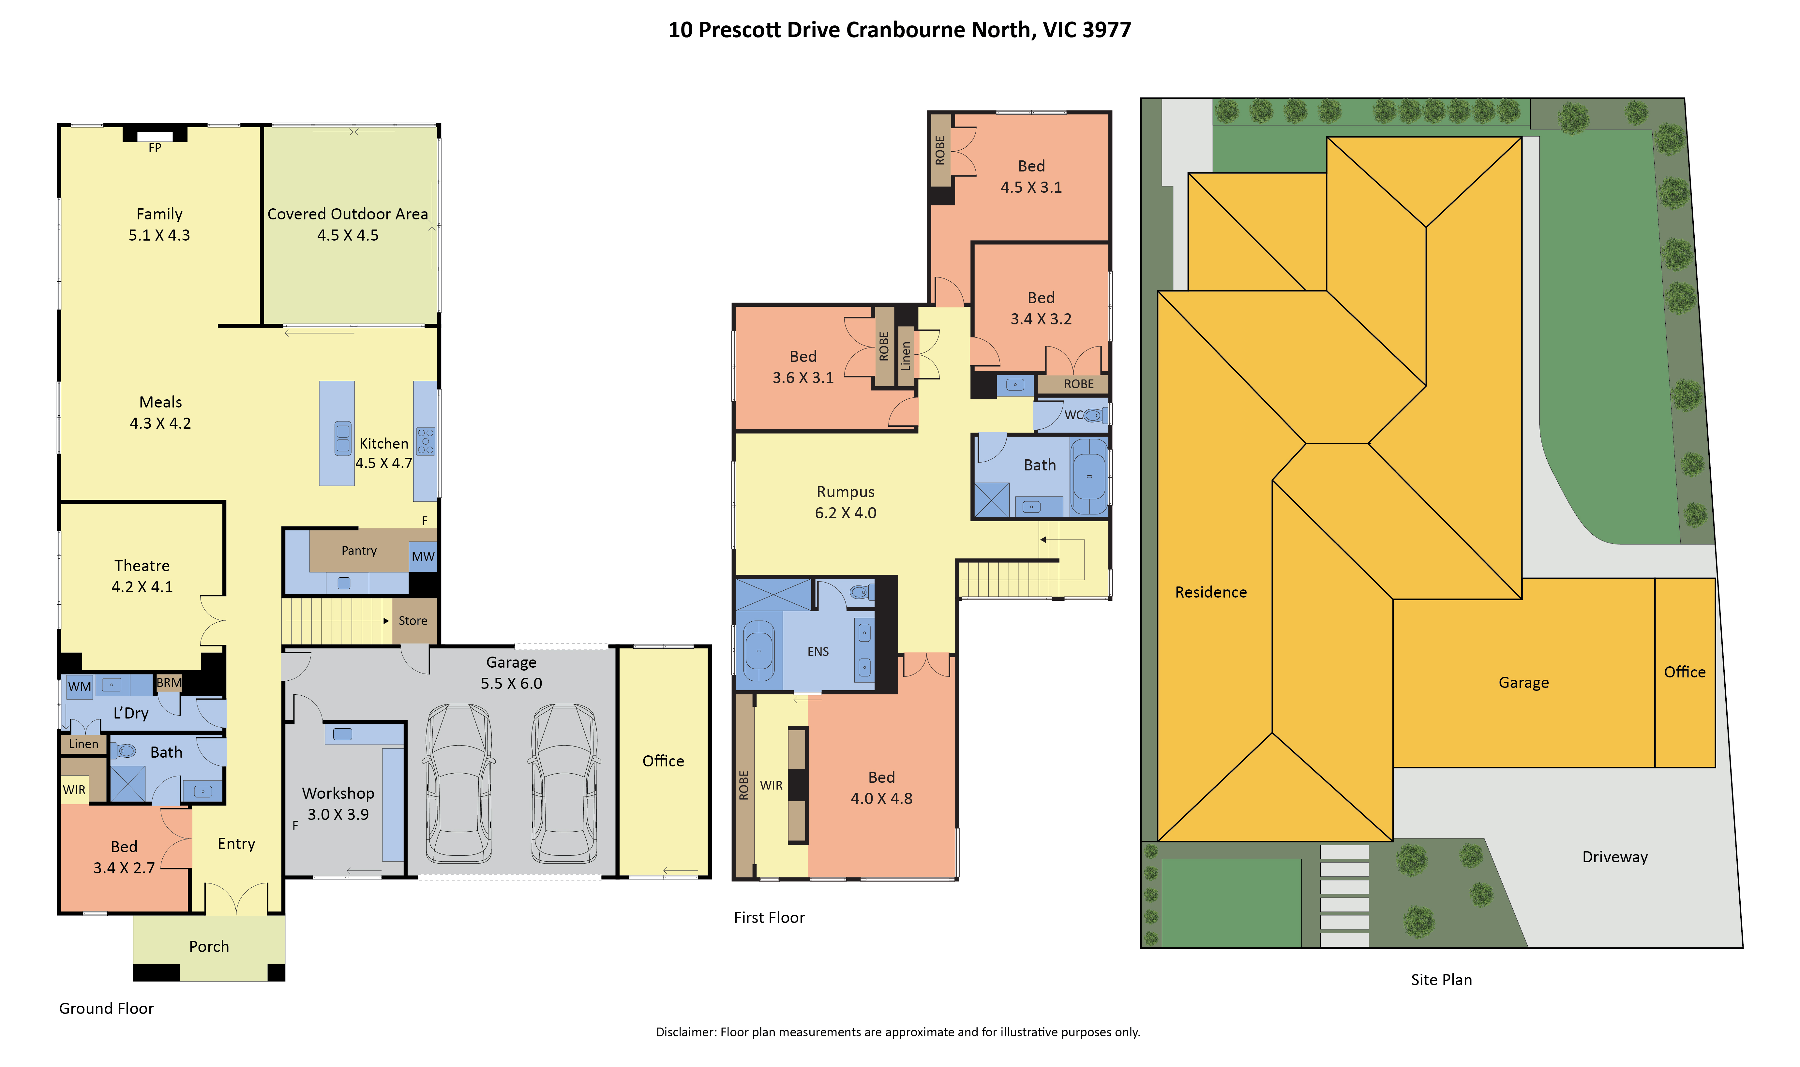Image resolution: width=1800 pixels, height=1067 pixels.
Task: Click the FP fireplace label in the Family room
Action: click(155, 148)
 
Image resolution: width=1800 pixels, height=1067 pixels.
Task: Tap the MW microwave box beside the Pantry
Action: click(423, 556)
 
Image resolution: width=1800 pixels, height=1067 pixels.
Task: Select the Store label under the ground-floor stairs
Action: click(413, 620)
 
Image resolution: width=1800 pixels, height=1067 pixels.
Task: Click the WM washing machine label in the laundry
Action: click(79, 687)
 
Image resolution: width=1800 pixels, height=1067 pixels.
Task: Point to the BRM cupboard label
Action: click(169, 682)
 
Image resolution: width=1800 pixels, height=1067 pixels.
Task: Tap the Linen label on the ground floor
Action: click(83, 744)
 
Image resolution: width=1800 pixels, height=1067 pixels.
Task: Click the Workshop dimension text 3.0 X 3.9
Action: click(338, 815)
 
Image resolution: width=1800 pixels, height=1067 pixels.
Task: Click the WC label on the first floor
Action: click(1073, 415)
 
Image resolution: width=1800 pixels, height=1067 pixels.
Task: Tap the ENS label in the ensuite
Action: click(817, 651)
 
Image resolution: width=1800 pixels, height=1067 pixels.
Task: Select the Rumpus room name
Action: click(846, 492)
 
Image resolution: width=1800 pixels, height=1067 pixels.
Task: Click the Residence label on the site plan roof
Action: click(1211, 592)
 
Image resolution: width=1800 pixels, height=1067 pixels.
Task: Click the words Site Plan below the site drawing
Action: click(1441, 980)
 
